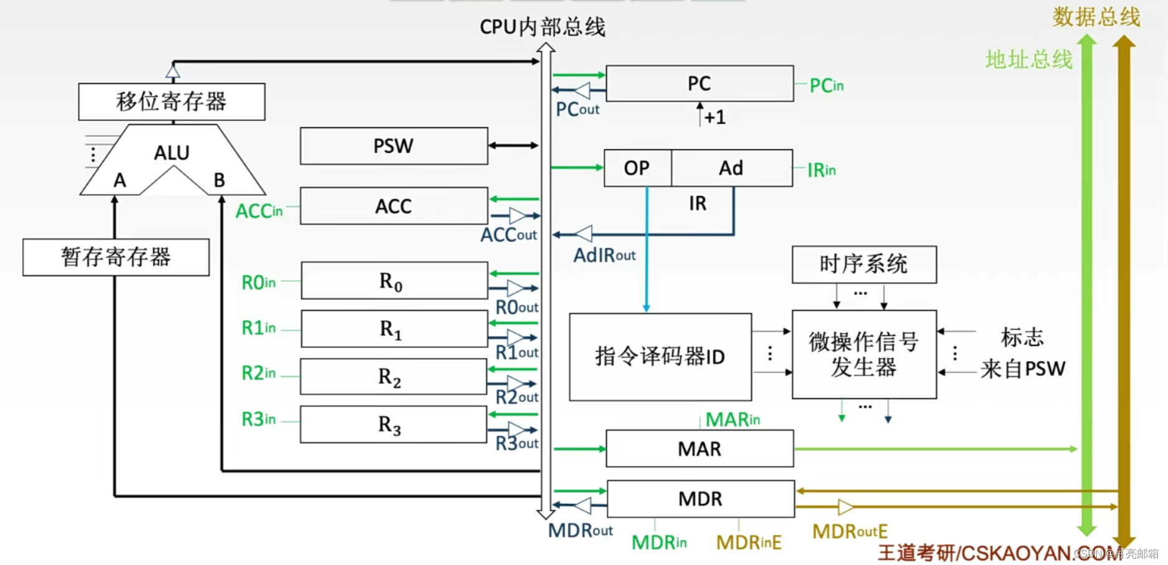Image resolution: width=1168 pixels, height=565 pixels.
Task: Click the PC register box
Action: [x=699, y=84]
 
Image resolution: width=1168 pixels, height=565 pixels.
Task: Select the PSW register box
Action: [x=394, y=146]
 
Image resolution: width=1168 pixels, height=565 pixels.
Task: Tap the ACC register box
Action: [x=394, y=206]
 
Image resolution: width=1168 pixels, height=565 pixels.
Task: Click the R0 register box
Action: [x=394, y=281]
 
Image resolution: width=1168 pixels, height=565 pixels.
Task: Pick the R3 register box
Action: [x=393, y=425]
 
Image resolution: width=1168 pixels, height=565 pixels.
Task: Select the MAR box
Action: [x=699, y=448]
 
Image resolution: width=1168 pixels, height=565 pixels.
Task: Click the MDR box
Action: [x=700, y=499]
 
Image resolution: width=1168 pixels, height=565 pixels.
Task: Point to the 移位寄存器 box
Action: [x=172, y=102]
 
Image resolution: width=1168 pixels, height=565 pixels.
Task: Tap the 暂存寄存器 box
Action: [x=116, y=257]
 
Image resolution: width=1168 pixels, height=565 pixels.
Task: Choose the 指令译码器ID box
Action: [x=660, y=357]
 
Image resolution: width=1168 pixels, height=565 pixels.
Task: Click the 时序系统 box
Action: [x=864, y=264]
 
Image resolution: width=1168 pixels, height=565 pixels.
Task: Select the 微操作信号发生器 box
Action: [x=864, y=354]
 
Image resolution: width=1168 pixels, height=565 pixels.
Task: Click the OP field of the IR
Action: [x=637, y=168]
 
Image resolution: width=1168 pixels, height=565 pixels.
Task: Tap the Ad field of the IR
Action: [x=731, y=168]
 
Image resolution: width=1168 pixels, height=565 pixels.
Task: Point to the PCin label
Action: [x=826, y=85]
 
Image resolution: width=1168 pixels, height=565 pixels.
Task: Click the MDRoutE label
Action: [x=850, y=531]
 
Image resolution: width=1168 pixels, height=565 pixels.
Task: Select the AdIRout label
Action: [x=604, y=255]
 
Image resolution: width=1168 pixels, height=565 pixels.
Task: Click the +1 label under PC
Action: [x=715, y=117]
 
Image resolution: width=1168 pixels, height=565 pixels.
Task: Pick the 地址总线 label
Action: [x=1029, y=60]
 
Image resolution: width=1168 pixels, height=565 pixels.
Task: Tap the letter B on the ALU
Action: [x=219, y=180]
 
